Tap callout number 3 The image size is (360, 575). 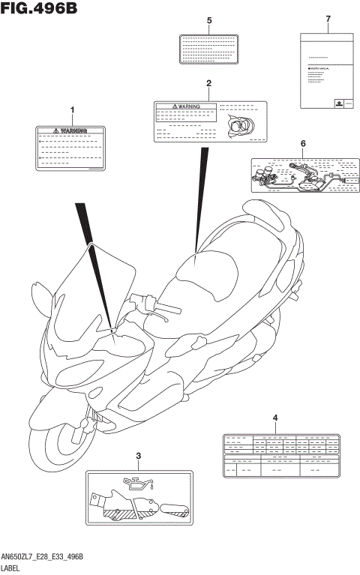[x=137, y=456]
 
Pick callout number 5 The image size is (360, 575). [x=209, y=19]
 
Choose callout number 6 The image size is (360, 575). [x=303, y=142]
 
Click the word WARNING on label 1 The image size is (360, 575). [x=74, y=130]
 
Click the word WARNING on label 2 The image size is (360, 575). [x=189, y=107]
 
